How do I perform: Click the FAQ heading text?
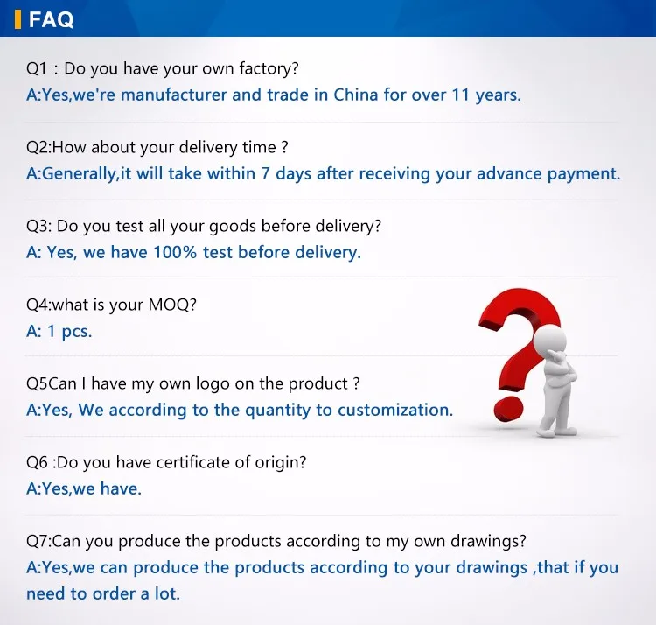[51, 19]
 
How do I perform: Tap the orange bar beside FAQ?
[17, 19]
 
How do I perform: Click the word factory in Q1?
[269, 68]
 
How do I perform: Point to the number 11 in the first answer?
[461, 95]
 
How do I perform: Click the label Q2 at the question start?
[38, 147]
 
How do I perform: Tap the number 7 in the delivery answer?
[265, 173]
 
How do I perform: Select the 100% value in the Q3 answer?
[175, 252]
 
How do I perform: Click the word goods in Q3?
[232, 227]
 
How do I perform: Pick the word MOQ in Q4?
[169, 305]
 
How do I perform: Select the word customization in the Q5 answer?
[395, 411]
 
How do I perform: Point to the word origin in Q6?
[281, 463]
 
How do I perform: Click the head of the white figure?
[550, 341]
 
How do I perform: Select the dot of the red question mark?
[508, 410]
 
